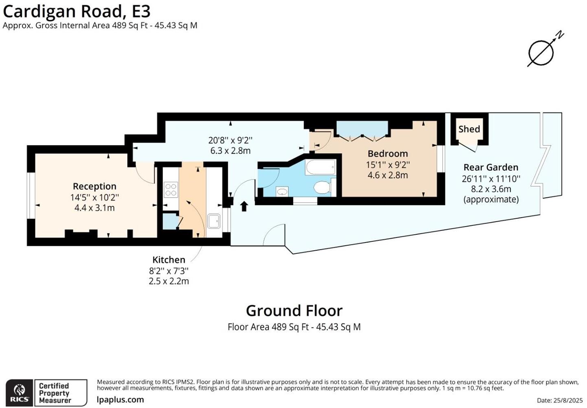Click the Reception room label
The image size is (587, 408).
click(94, 186)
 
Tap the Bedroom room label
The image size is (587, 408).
click(388, 154)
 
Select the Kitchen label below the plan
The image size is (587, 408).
click(168, 260)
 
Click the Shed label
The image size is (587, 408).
click(469, 129)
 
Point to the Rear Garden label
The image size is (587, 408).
click(491, 167)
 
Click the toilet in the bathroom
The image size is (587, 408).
click(322, 187)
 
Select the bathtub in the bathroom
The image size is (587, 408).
click(321, 167)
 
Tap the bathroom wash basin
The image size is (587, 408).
click(282, 191)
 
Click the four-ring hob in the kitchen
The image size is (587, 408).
click(170, 190)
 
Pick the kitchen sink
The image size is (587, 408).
click(214, 221)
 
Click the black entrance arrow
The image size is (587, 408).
click(244, 206)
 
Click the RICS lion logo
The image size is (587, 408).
click(20, 393)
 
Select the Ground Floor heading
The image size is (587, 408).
click(294, 311)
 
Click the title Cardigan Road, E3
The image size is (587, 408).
click(76, 11)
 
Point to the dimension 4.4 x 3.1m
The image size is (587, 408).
click(94, 208)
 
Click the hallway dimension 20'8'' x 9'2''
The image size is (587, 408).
click(230, 140)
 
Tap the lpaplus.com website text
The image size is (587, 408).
click(120, 399)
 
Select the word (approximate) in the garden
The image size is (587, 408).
click(491, 199)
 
